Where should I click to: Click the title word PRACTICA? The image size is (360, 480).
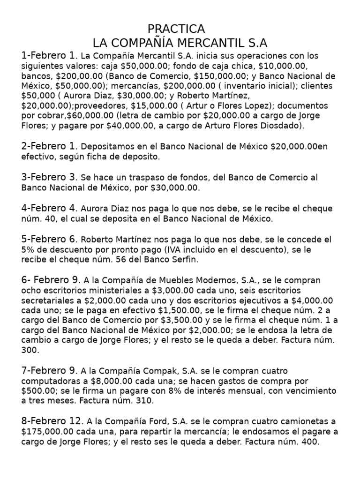click(176, 29)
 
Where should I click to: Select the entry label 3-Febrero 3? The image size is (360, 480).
click(49, 177)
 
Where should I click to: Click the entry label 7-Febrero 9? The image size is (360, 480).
click(49, 370)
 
